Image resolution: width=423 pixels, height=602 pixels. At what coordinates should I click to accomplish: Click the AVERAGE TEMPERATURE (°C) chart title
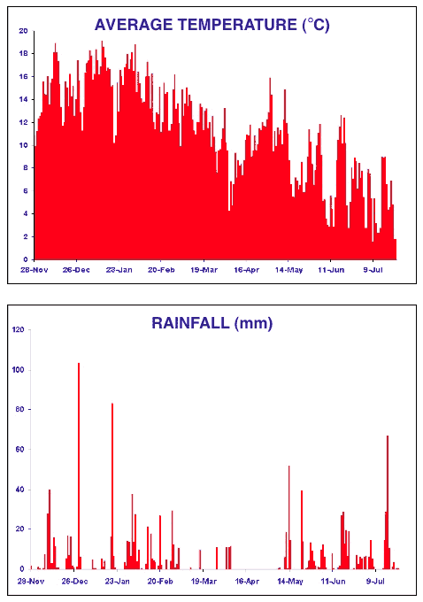[211, 25]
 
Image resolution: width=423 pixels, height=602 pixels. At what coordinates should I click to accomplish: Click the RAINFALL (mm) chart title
[211, 323]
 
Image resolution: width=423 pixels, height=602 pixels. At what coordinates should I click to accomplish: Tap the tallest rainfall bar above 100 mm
[79, 466]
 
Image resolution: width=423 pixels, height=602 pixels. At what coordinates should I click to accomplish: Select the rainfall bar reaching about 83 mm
[112, 486]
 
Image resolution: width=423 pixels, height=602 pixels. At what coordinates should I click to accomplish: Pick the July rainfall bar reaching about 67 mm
[388, 502]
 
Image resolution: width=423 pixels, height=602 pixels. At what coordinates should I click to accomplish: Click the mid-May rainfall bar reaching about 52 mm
[289, 517]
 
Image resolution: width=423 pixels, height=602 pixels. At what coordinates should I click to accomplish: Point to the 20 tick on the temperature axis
[23, 31]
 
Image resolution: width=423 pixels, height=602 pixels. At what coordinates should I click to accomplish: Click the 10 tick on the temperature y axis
[23, 145]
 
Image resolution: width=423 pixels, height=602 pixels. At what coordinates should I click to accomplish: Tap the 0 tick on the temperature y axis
[26, 259]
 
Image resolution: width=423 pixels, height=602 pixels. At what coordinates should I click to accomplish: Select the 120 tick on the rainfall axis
[18, 329]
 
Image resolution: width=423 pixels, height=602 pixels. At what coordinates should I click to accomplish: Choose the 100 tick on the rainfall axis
[18, 370]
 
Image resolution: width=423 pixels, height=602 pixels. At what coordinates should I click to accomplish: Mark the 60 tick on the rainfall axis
[20, 449]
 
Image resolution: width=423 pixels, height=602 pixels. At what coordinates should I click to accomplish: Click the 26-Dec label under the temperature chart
[76, 270]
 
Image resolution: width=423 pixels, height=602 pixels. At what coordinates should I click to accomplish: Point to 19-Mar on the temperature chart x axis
[204, 270]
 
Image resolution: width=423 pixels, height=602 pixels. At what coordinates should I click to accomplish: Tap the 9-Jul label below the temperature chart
[373, 270]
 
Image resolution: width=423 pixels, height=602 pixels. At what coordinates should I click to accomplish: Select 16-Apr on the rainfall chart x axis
[246, 582]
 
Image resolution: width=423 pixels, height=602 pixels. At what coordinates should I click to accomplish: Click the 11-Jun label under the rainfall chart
[332, 582]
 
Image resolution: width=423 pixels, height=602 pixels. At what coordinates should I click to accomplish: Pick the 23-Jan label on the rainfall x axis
[117, 582]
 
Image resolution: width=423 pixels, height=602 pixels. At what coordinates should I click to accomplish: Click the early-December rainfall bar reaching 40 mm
[50, 529]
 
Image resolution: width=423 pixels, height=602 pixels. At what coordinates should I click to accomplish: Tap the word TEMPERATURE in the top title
[238, 25]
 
